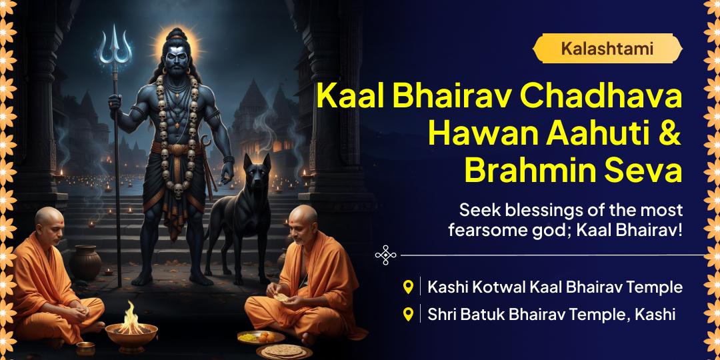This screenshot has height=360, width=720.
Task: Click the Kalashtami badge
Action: [x=607, y=48]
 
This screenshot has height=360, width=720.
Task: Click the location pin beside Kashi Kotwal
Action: [x=409, y=287]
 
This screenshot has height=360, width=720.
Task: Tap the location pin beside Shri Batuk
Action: [x=409, y=313]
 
